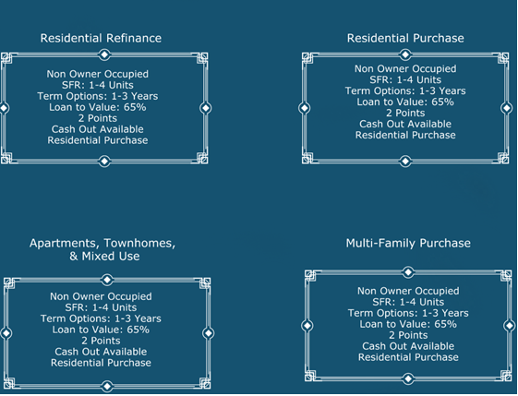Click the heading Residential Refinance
point(101,38)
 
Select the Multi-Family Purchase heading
point(408,244)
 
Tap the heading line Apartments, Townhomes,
point(102,244)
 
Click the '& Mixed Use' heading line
point(104,256)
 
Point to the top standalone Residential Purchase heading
point(405,38)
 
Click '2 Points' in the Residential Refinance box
point(98,118)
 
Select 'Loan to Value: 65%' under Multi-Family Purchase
point(408,324)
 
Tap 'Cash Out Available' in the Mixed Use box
point(101,352)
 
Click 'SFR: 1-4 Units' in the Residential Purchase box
point(405,79)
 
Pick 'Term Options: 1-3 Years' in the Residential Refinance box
point(98,96)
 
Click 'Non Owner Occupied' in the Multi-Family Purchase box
point(408,291)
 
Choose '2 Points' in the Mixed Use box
point(101,341)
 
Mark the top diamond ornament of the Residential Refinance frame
point(104,54)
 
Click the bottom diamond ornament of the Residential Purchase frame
point(405,162)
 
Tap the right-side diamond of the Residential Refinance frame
point(206,108)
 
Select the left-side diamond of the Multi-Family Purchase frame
point(307,326)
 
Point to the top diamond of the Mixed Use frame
point(107,280)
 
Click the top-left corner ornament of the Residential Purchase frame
point(307,58)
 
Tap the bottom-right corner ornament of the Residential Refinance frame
point(202,158)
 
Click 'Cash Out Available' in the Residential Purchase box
point(405,124)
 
